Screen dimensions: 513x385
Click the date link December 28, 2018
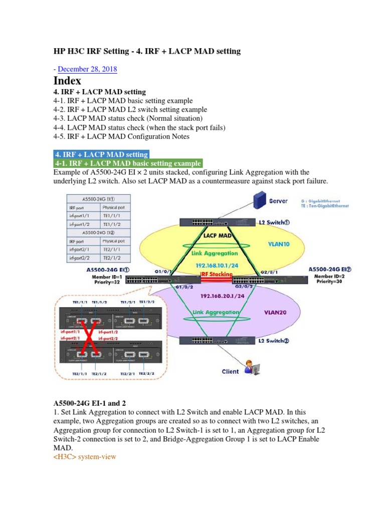coord(88,69)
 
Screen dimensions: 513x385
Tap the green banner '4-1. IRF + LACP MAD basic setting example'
coord(128,163)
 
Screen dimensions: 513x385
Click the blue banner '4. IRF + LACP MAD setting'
coord(101,154)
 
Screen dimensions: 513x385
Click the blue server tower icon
coord(259,200)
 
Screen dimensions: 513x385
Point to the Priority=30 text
coord(329,282)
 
